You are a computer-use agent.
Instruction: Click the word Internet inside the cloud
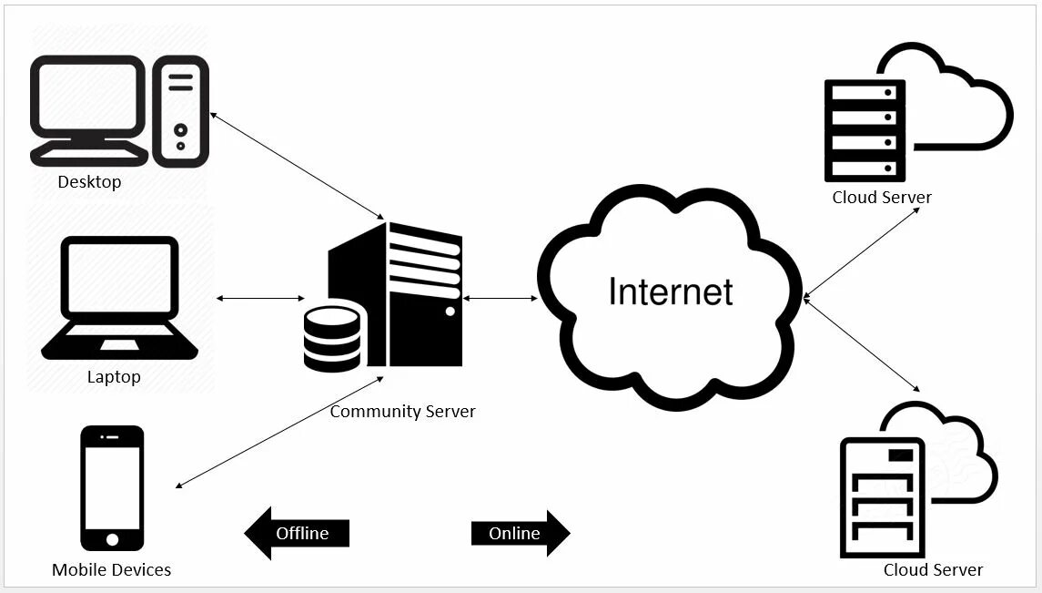(670, 292)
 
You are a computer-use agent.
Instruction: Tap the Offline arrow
(298, 533)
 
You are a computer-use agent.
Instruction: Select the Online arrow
(519, 533)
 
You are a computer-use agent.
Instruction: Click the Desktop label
(89, 182)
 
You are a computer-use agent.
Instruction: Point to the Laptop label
(114, 376)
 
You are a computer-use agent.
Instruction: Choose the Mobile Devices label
(111, 570)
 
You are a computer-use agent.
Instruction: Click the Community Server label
(402, 412)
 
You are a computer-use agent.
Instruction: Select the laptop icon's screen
(119, 279)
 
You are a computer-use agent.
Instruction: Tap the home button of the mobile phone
(112, 539)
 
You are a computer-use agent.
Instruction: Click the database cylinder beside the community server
(332, 339)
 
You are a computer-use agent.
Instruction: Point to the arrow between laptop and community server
(261, 298)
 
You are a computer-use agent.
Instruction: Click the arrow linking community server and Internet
(501, 298)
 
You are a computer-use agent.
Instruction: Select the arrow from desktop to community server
(297, 165)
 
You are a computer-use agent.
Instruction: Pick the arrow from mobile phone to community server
(278, 431)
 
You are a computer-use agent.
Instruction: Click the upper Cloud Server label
(882, 198)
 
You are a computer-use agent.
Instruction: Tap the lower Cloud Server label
(933, 570)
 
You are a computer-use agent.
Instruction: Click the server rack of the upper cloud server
(865, 130)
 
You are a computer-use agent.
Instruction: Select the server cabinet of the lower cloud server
(881, 497)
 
